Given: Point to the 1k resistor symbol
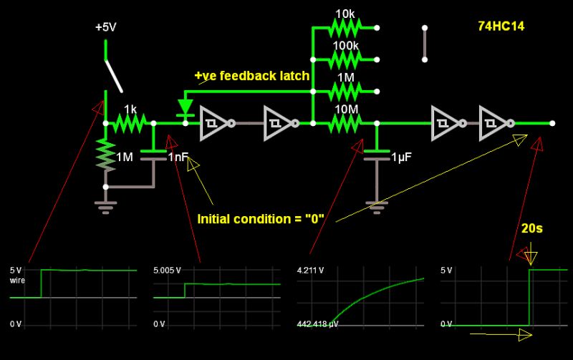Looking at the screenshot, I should pyautogui.click(x=130, y=123).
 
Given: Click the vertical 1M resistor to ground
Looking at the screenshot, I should pyautogui.click(x=106, y=156).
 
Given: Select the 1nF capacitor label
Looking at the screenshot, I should pyautogui.click(x=178, y=157).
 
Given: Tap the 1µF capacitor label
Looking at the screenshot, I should pyautogui.click(x=400, y=156).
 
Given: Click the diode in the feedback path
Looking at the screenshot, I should pyautogui.click(x=186, y=108).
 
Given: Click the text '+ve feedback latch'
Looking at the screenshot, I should pyautogui.click(x=251, y=76).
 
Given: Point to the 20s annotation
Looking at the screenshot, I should pyautogui.click(x=532, y=228).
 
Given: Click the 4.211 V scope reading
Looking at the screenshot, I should pyautogui.click(x=310, y=271).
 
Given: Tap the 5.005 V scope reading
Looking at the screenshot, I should pyautogui.click(x=167, y=271).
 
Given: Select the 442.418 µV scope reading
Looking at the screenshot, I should pyautogui.click(x=318, y=324).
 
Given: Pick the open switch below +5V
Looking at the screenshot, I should pyautogui.click(x=113, y=74).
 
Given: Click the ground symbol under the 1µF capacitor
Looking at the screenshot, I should pyautogui.click(x=372, y=205).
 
